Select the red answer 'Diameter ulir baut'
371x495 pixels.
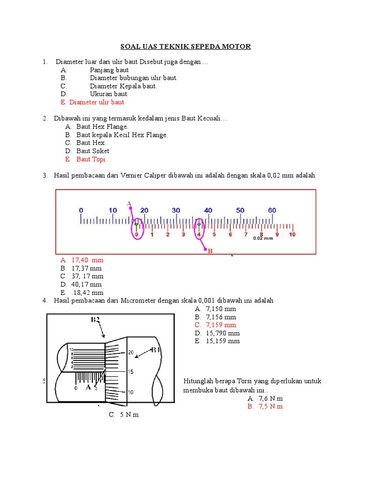[x=97, y=102]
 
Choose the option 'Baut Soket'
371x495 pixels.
[x=93, y=151]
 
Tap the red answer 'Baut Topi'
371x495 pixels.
[x=92, y=159]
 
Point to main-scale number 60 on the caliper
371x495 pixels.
[x=272, y=210]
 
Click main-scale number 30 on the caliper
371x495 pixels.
[x=176, y=210]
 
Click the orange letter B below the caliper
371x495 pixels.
[x=210, y=250]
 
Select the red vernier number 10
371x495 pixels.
[x=292, y=234]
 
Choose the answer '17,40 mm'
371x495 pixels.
[x=87, y=260]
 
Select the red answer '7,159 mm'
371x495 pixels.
[x=221, y=325]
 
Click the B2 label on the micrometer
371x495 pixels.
[x=95, y=320]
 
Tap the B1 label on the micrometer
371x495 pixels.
[x=156, y=349]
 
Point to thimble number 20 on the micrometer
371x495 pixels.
[x=130, y=352]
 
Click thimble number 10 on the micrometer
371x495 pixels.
[x=130, y=392]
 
